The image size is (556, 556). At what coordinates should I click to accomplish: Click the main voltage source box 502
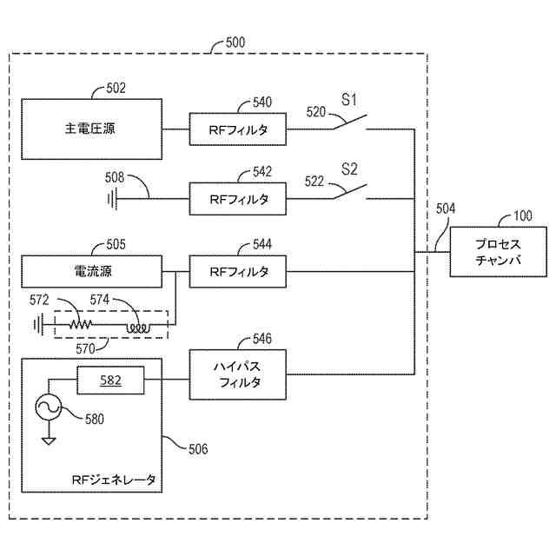tap(91, 129)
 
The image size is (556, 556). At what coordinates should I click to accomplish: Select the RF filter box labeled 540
tap(238, 129)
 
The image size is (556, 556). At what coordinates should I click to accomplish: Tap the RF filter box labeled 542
tap(238, 199)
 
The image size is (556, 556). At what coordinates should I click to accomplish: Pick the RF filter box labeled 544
tap(238, 272)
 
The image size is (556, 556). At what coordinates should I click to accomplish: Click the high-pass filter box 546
tap(238, 374)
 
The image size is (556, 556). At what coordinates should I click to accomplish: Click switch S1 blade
tap(347, 122)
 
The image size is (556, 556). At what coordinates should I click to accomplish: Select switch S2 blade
tap(347, 192)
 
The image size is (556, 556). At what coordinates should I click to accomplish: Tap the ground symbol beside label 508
tap(112, 199)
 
